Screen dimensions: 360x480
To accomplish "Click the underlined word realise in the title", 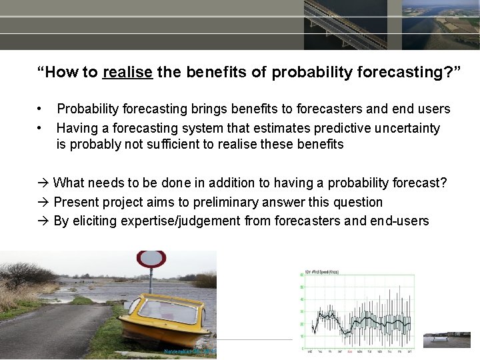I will pos(127,72).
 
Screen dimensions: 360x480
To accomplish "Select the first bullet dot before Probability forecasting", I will pos(40,109).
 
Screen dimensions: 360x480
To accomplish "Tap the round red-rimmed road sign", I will pos(151,259).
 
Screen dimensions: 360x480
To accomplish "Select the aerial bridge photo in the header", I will pos(345,25).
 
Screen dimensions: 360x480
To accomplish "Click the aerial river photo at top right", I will pos(441,25).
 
